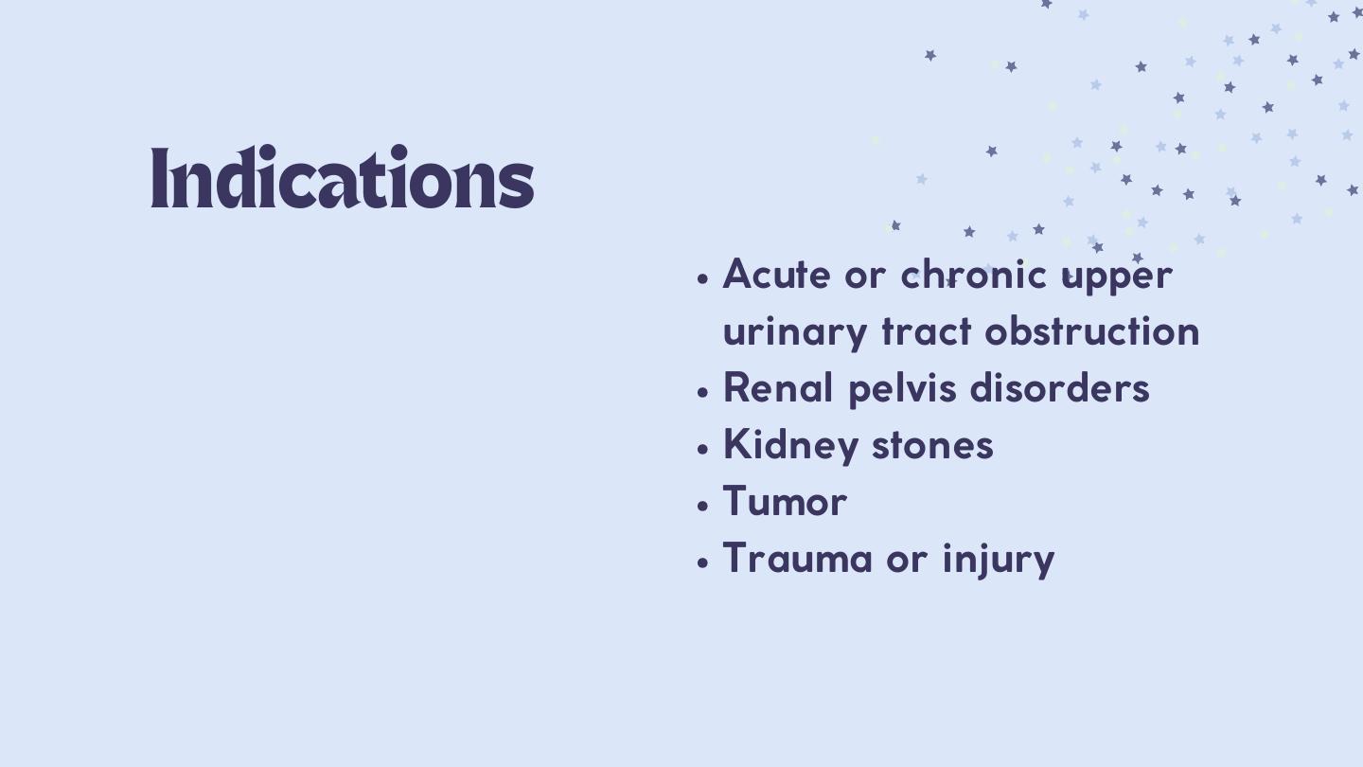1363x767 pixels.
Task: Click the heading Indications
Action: coord(343,177)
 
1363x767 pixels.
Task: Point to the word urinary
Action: coord(795,334)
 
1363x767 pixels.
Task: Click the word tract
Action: coord(927,331)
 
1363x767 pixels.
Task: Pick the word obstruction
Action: coord(1092,330)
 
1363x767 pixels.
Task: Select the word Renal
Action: coord(778,387)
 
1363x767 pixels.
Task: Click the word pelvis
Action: coord(902,389)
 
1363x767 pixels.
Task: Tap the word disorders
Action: coord(1060,387)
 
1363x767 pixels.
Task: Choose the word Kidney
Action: coord(790,446)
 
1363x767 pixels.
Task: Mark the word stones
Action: coord(933,445)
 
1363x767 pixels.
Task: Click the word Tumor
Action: coord(785,501)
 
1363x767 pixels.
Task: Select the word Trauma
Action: coord(797,558)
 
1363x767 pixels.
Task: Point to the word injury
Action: coord(999,560)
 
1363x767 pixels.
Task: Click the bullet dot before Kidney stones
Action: coord(702,449)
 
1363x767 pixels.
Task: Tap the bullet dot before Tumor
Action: coord(702,506)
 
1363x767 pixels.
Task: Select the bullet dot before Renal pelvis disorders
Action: coord(702,391)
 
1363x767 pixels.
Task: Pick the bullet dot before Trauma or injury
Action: coord(702,562)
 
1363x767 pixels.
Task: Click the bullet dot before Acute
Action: coord(702,278)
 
